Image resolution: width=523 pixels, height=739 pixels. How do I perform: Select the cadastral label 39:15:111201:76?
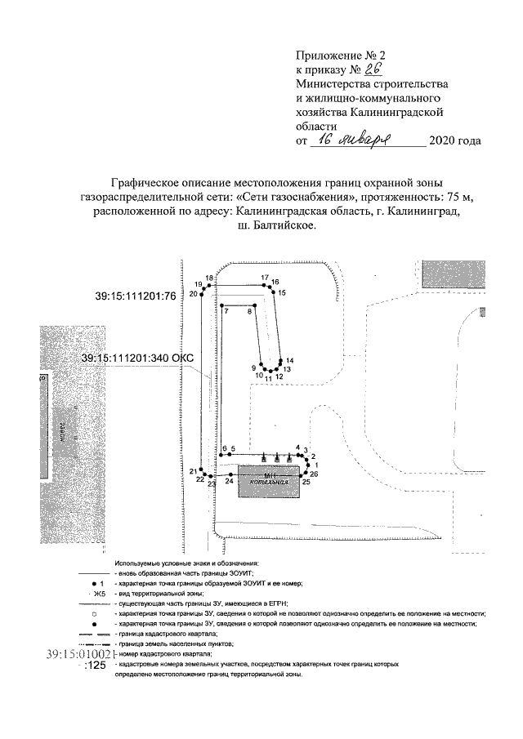pos(136,296)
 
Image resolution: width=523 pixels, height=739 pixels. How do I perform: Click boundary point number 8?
pos(250,311)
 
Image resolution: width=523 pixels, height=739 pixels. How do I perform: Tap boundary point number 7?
pos(224,311)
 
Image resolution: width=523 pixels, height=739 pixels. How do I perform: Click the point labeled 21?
pos(193,471)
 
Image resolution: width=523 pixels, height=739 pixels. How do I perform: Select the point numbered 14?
pos(289,361)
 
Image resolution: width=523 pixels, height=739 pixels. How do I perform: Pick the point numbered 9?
pos(254,368)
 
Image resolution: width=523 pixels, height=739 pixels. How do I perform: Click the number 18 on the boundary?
pos(209,278)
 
